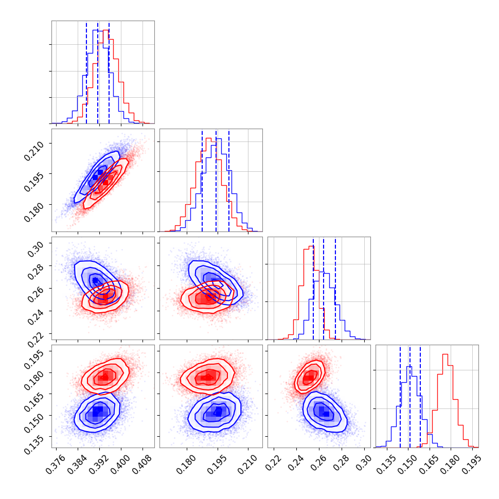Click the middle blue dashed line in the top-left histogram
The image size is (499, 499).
98,72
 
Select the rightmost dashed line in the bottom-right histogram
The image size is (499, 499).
420,396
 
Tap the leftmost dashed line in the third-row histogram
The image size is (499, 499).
313,288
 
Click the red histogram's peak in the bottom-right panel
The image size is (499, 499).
445,354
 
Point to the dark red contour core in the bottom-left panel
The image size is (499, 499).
105,377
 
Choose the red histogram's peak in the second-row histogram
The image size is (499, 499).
208,138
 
